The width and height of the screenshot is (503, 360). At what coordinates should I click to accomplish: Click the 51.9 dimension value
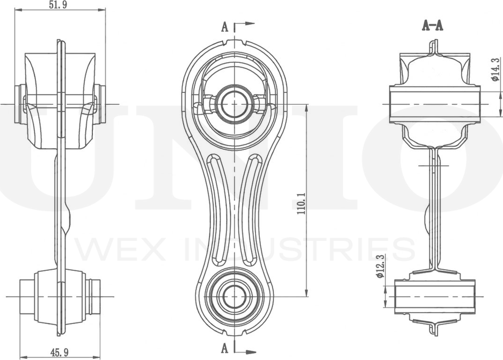point(59,5)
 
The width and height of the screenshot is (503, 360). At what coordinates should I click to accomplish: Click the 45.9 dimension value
point(60,352)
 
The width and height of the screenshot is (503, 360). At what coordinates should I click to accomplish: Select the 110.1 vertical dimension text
point(301,204)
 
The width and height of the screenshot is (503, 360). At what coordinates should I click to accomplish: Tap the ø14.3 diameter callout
point(495,69)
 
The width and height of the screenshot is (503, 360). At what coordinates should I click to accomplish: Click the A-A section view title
point(433,25)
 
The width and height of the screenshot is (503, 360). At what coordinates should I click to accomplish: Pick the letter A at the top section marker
point(224,27)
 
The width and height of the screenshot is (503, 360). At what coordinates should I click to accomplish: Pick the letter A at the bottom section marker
point(224,348)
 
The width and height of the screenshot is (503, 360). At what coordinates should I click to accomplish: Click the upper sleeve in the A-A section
point(435,104)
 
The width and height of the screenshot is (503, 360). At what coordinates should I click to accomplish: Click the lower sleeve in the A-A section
point(435,296)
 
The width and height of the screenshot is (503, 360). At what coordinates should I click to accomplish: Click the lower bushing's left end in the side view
point(27,296)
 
